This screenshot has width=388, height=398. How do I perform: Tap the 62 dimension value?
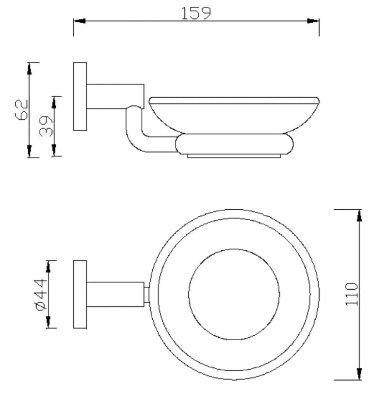point(21,110)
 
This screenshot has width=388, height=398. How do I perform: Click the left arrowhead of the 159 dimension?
point(79,21)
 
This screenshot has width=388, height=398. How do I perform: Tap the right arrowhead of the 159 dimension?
point(313,21)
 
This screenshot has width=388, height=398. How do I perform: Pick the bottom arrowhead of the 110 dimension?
point(359,374)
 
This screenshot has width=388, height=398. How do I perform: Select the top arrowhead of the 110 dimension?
point(359,216)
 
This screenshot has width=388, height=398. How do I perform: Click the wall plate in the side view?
point(80,96)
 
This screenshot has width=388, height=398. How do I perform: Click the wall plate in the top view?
point(80,294)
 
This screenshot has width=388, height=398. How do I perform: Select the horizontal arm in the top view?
point(115,294)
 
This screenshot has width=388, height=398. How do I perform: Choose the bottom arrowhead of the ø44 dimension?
point(48,322)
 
